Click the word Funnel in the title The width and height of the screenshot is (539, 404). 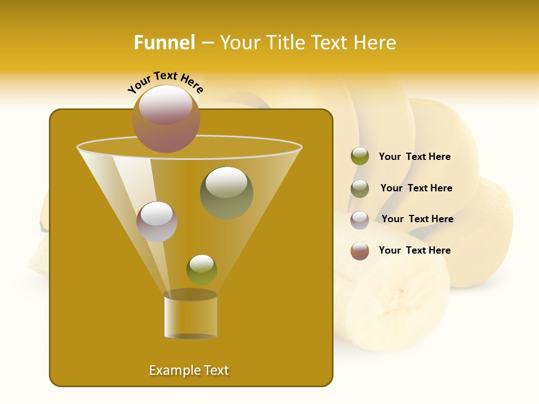[164, 43]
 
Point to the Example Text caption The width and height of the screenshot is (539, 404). [189, 370]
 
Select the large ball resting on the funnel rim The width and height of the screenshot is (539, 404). [166, 118]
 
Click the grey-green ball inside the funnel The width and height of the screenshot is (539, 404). [226, 192]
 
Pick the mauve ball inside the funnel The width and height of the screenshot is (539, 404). [157, 221]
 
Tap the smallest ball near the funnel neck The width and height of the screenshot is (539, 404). [202, 269]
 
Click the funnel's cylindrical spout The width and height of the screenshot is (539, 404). [190, 315]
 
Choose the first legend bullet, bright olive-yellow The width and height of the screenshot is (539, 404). [360, 157]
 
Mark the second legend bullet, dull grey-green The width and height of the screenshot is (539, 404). [360, 189]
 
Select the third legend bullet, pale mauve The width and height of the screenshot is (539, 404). [360, 219]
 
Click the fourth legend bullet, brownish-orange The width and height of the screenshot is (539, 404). [360, 251]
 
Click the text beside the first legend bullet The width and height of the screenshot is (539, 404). [414, 157]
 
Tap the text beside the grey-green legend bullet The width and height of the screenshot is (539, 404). [416, 189]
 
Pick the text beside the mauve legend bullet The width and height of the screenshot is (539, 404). [417, 219]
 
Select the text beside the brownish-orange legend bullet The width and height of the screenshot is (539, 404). [414, 251]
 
